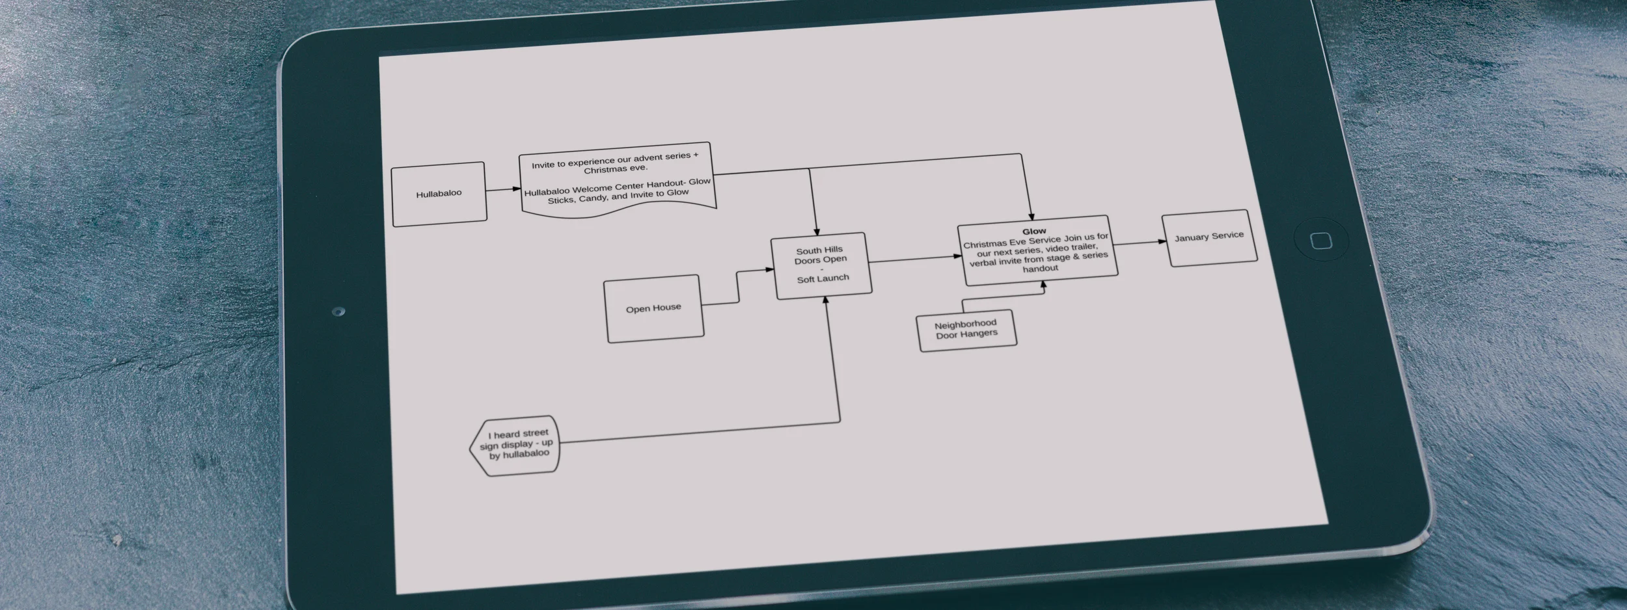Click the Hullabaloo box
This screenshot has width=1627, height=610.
439,194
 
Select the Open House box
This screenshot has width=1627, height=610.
653,308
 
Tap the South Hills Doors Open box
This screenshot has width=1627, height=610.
821,265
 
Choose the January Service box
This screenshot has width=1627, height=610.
1209,237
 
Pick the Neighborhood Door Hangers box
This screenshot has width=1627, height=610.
966,330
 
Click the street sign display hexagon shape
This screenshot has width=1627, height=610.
515,445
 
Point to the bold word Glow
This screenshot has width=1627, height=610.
1034,232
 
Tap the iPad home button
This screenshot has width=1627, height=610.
1321,241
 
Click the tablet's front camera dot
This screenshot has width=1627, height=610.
338,312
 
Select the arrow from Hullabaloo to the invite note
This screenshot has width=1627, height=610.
502,190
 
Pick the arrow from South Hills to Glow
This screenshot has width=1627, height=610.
914,259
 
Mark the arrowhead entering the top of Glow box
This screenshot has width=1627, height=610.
1032,216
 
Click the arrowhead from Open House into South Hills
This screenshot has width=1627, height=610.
769,269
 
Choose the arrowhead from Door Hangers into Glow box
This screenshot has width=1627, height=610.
1044,285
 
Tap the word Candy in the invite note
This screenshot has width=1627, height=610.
593,198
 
